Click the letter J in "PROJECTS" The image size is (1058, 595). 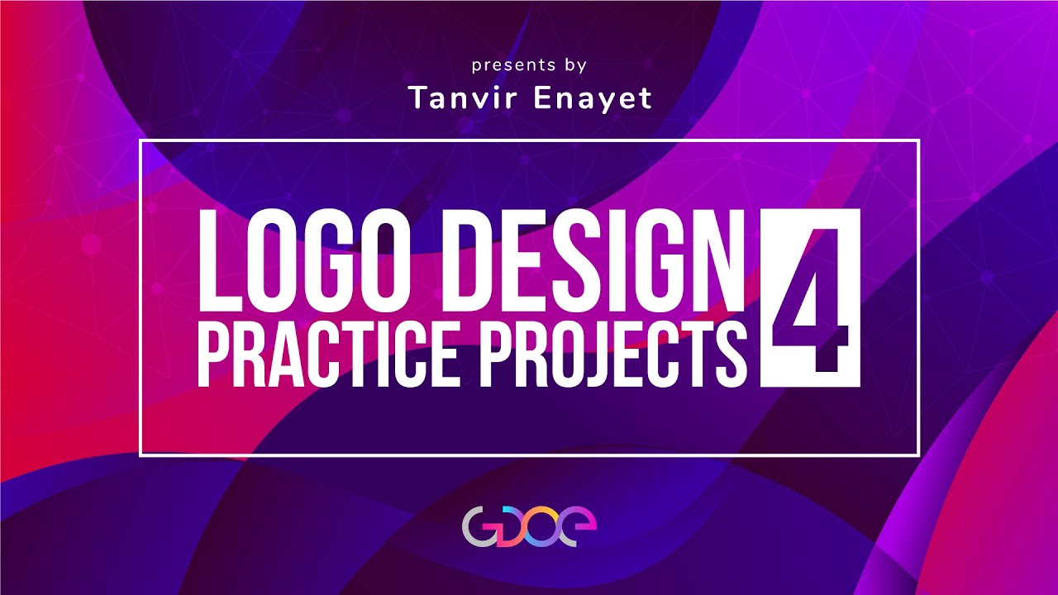pyautogui.click(x=608, y=353)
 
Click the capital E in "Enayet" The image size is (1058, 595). pyautogui.click(x=546, y=98)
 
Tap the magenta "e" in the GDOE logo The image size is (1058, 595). pyautogui.click(x=579, y=526)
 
